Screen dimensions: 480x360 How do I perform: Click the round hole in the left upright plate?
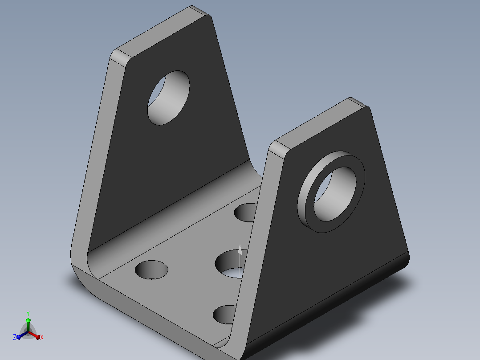click(x=168, y=98)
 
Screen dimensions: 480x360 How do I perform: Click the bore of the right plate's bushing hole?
click(x=335, y=194)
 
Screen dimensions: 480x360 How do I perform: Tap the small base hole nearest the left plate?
click(x=151, y=270)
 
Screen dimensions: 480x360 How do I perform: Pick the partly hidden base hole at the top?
click(x=245, y=213)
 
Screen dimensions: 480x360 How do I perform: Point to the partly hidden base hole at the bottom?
click(x=224, y=315)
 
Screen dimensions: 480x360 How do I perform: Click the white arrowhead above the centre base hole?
click(x=240, y=250)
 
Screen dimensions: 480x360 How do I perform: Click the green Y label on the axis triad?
click(x=28, y=313)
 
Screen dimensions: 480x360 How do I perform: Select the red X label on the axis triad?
click(x=42, y=337)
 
